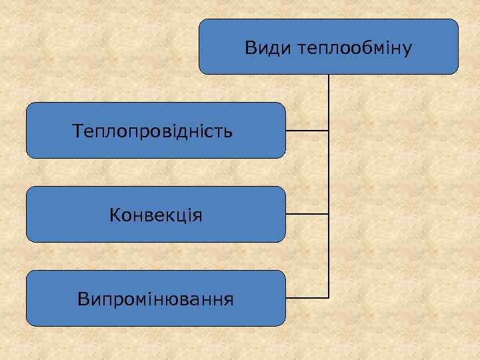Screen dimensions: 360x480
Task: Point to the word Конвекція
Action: point(156,215)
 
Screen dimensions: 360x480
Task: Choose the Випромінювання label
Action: point(155,298)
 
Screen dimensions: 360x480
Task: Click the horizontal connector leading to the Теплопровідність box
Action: point(307,131)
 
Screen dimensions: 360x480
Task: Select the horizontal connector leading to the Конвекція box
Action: point(307,214)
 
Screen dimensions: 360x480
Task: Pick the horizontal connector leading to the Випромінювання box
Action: point(307,297)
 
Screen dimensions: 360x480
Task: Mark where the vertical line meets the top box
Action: point(329,74)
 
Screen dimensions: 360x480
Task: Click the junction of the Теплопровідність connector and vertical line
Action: point(329,131)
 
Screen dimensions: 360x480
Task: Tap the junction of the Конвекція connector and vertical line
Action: point(329,214)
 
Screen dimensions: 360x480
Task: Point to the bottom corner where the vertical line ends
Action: point(329,297)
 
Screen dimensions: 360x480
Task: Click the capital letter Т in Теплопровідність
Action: point(77,131)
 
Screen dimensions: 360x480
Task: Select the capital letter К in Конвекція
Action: point(114,215)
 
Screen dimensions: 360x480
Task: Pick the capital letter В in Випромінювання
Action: point(83,298)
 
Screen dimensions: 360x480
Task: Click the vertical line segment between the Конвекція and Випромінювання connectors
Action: point(329,256)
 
